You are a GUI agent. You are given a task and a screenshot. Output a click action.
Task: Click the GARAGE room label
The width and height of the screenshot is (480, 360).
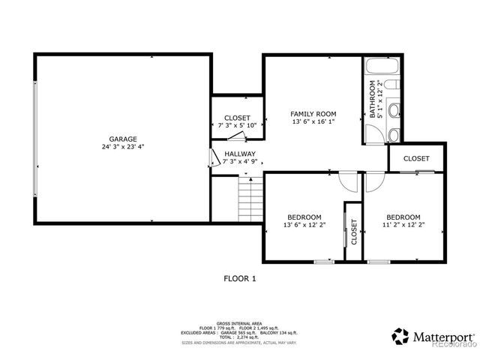pos(121,139)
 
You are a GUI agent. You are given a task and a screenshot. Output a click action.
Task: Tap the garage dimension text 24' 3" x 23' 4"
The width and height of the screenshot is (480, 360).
pos(121,147)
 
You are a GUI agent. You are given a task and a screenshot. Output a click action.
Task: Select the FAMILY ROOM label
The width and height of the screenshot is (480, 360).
pos(313,114)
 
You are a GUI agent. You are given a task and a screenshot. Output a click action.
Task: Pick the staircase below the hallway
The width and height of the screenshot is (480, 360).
pos(250,199)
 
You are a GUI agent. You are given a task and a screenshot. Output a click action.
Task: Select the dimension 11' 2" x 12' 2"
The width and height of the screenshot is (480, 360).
pos(403,224)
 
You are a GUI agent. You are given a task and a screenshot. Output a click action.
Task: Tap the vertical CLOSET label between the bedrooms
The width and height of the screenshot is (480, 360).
pos(353,236)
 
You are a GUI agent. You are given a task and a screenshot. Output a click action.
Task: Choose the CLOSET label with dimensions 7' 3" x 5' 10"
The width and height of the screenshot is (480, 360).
pos(237,118)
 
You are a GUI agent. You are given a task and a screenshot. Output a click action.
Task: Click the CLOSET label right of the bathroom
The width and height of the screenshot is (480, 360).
pos(416,159)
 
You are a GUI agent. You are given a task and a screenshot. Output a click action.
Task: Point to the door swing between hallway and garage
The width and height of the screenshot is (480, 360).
pos(214,157)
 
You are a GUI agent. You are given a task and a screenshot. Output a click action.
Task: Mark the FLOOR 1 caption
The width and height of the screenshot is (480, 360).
pos(240,278)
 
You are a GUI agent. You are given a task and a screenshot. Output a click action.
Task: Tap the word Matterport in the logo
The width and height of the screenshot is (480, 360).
pos(442,336)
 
